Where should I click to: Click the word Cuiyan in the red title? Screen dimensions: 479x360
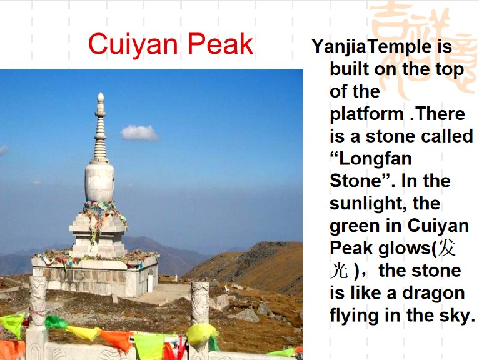[x=133, y=45]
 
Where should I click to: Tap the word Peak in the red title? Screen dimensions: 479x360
[x=220, y=44]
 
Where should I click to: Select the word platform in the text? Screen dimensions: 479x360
[x=366, y=115]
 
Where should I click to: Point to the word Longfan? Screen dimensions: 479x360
[x=375, y=159]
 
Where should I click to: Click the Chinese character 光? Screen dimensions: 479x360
[x=339, y=271]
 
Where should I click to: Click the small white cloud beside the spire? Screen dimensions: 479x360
[x=139, y=132]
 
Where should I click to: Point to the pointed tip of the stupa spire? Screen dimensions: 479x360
[x=101, y=93]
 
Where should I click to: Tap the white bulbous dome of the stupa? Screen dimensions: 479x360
[x=99, y=182]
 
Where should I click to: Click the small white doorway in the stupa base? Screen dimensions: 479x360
[x=150, y=283]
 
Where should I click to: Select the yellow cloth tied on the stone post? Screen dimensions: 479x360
[x=201, y=334]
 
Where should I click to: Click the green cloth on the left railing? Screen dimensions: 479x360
[x=56, y=322]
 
